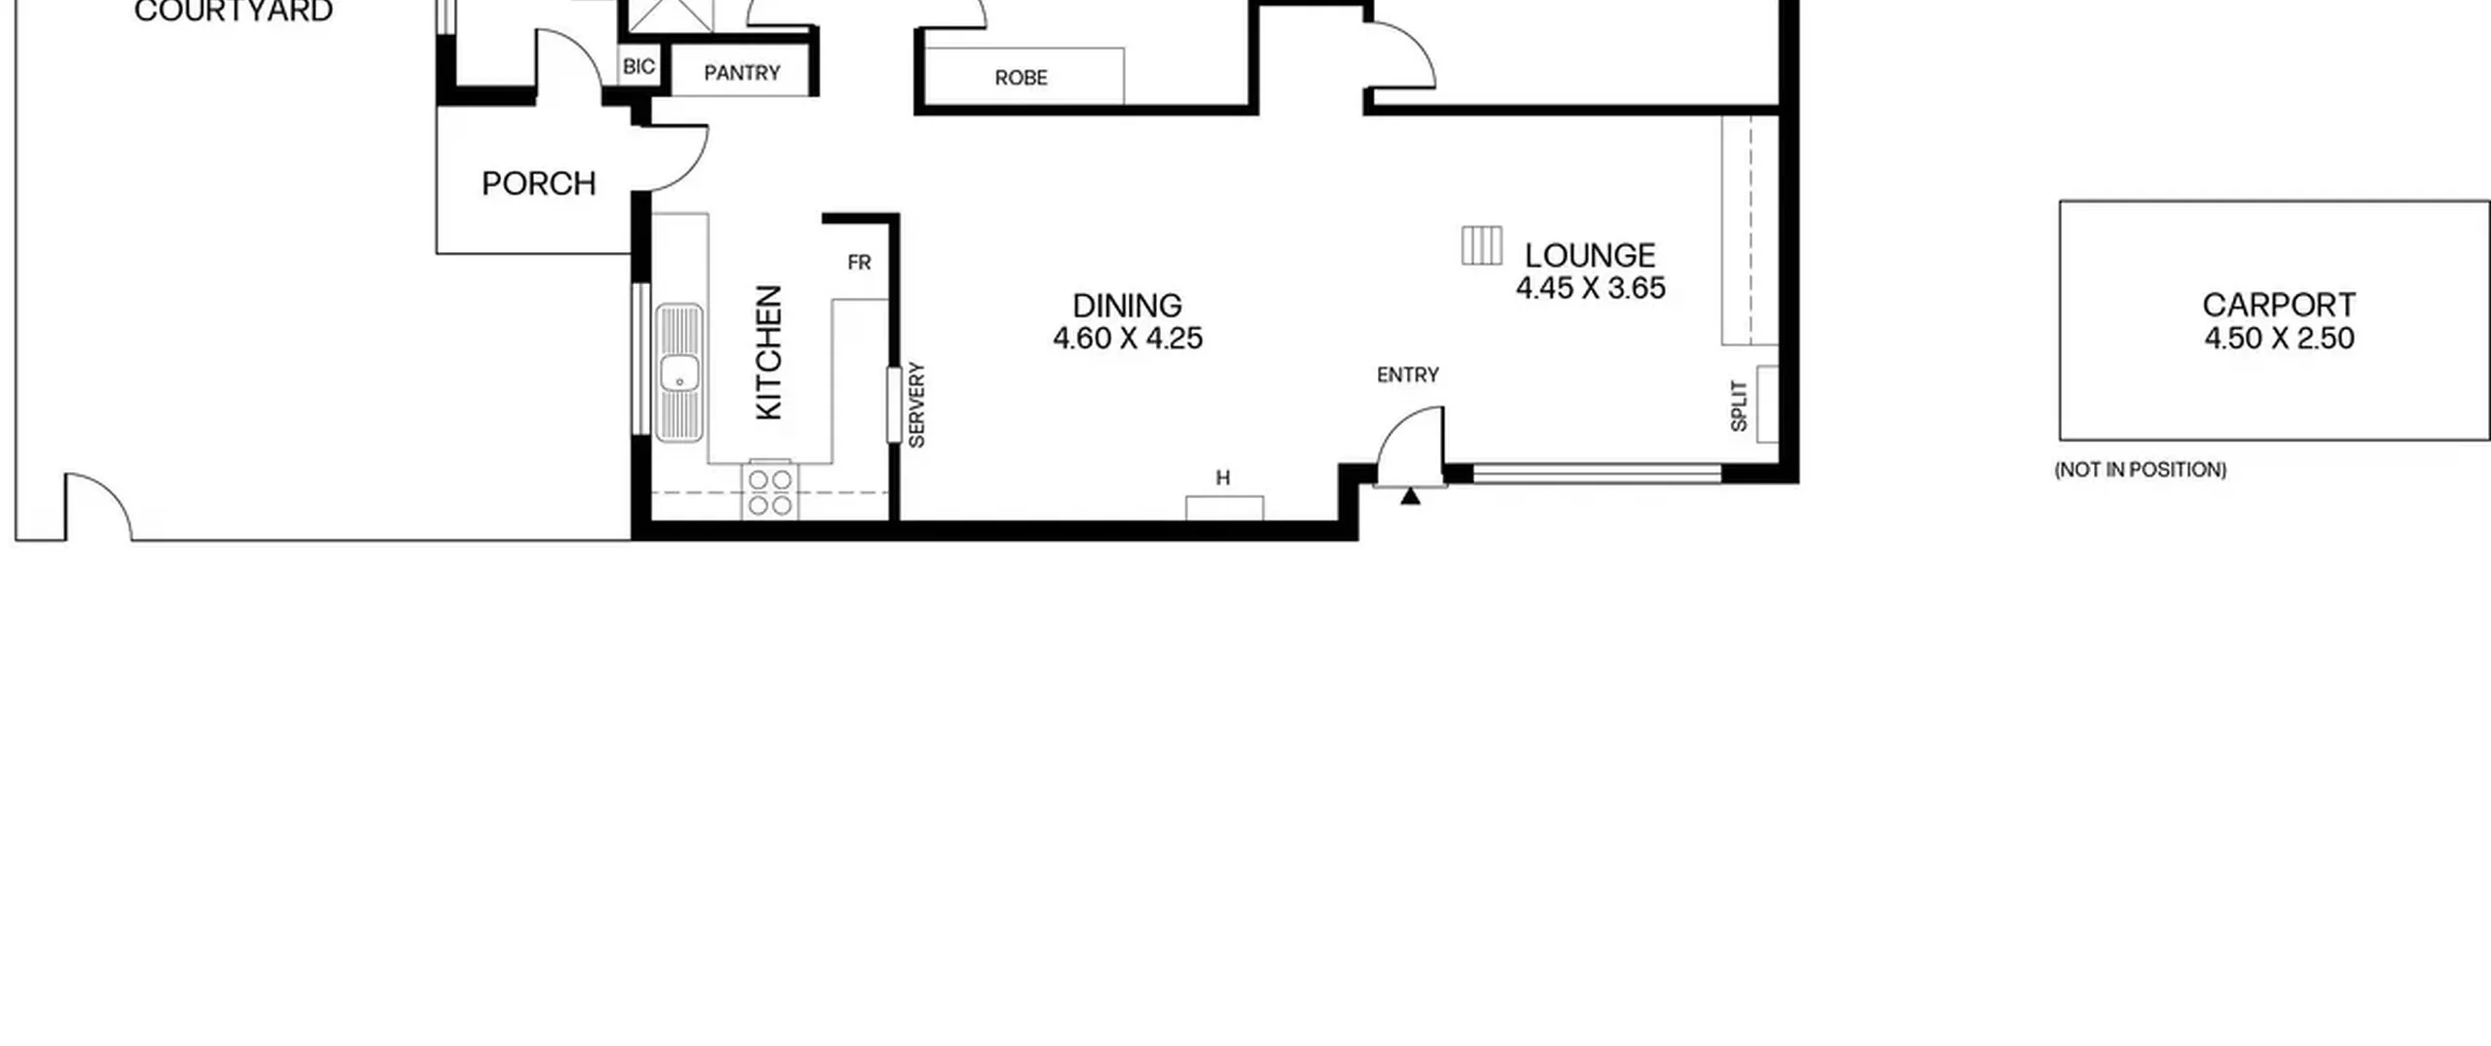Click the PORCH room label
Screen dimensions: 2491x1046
539,184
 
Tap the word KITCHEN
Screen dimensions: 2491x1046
769,352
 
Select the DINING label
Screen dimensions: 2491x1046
1127,306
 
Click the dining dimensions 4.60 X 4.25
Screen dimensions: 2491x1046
1128,339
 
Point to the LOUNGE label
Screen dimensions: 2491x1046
1590,256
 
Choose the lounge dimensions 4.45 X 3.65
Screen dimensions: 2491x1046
1591,288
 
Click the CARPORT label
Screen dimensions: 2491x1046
2279,306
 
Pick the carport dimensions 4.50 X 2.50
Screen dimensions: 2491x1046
2279,339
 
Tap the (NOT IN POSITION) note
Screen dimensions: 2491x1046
2141,470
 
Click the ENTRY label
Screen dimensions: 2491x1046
1408,375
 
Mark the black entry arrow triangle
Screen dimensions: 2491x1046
1410,496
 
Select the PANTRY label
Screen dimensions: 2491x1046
742,73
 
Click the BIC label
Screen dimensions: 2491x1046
638,66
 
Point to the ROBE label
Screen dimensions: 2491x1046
1021,78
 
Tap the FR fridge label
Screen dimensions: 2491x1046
859,263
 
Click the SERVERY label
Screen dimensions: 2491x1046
917,405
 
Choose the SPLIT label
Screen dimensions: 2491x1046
1739,406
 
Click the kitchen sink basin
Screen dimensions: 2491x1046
679,374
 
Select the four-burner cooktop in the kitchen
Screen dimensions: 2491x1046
770,491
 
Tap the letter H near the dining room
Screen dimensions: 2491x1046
1223,478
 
